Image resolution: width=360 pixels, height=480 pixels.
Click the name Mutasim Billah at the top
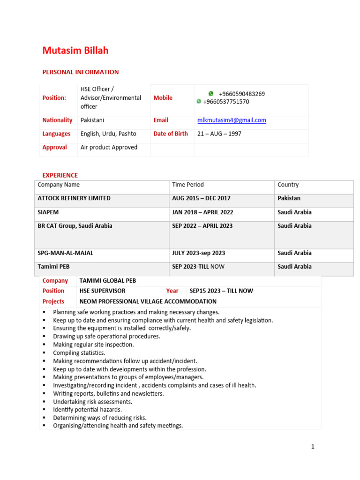click(75, 51)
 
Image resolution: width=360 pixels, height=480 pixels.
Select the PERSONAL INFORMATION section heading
click(80, 72)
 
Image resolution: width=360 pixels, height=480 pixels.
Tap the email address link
click(232, 120)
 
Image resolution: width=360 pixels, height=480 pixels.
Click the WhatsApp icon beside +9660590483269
click(211, 94)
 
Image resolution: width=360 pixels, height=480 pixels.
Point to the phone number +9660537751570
click(226, 102)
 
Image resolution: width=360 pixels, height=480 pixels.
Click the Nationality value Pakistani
click(92, 120)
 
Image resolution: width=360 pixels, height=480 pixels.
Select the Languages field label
click(56, 134)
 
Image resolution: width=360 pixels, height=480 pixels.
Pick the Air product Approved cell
click(109, 147)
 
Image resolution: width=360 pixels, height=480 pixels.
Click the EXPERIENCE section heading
click(60, 175)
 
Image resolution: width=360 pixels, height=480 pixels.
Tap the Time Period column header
click(187, 185)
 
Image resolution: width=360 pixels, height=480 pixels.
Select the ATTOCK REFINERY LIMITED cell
click(74, 198)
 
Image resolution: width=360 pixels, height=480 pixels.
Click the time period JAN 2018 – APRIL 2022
click(202, 212)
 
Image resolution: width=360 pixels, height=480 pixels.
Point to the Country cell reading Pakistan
click(289, 198)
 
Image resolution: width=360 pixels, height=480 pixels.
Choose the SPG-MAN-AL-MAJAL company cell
click(65, 253)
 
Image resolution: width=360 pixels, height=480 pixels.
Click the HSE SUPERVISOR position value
click(102, 291)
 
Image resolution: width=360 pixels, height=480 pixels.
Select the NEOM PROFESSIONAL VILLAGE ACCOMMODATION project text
click(148, 301)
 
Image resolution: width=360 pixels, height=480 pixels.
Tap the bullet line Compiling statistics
click(79, 352)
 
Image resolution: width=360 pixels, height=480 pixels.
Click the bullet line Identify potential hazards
click(87, 410)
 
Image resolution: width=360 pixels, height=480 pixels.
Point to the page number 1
click(313, 447)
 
